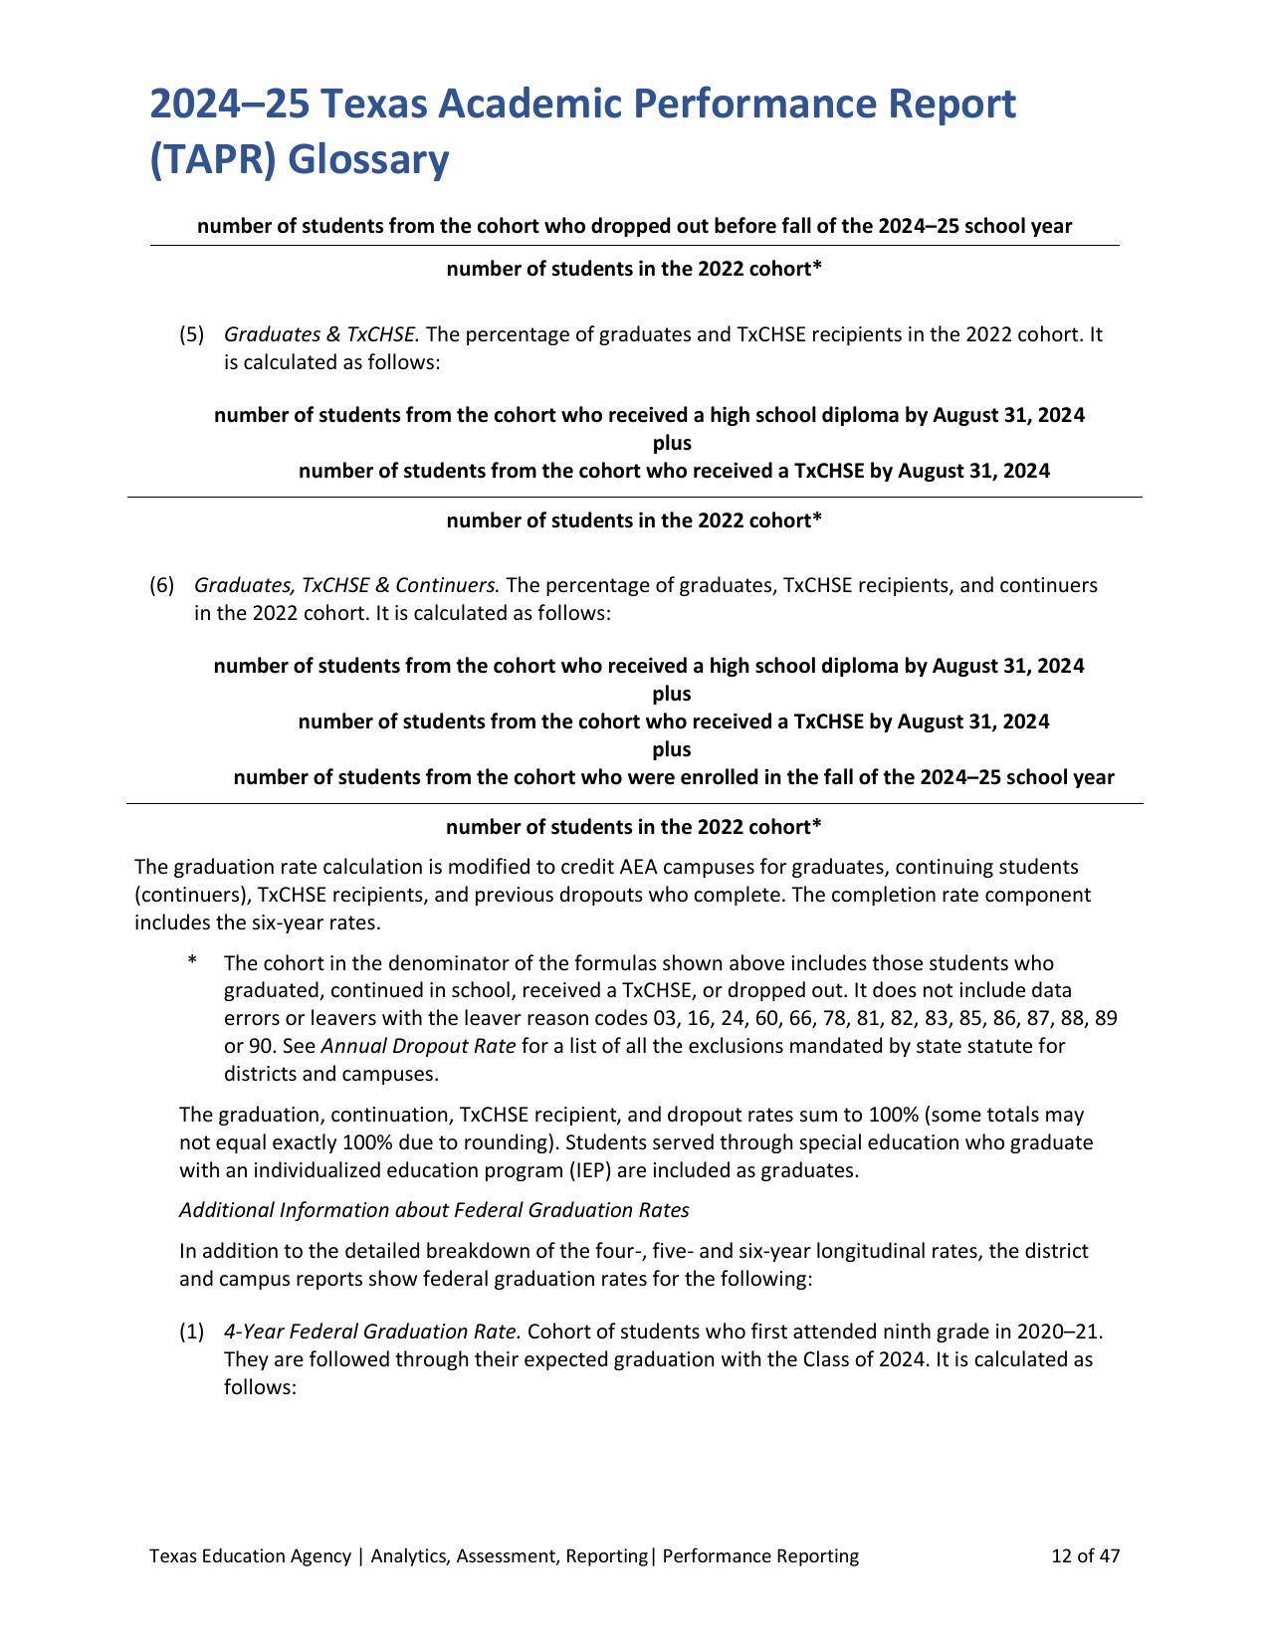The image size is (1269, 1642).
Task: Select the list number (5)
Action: (191, 334)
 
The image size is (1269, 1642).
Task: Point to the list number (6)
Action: (161, 585)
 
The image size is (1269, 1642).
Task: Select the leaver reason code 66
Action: (801, 1019)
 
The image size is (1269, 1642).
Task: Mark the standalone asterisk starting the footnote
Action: (192, 963)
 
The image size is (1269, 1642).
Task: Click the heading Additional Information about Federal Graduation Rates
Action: (434, 1210)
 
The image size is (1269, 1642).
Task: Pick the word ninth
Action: (851, 1332)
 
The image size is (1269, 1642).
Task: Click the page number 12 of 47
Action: (1086, 1556)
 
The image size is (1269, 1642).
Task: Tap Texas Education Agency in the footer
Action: (250, 1556)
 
